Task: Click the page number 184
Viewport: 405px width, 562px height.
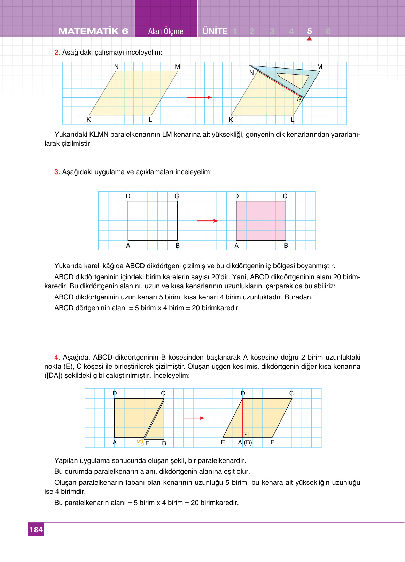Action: pos(36,530)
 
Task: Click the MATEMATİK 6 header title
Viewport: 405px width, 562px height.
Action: pos(93,31)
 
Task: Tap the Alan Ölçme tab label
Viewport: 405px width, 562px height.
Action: pos(166,31)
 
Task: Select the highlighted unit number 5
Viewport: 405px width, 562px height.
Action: pos(309,31)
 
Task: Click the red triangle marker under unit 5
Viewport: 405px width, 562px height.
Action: pos(309,39)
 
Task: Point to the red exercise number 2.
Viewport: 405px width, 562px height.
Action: pos(57,53)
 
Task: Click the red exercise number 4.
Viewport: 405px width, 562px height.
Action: pos(57,357)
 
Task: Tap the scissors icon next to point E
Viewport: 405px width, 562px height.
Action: pos(140,442)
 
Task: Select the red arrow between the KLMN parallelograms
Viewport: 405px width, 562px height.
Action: pos(200,97)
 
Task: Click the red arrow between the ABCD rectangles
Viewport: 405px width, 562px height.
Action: pos(207,221)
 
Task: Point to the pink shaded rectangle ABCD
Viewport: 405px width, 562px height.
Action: pos(261,221)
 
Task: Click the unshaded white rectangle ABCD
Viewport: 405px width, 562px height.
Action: pos(153,221)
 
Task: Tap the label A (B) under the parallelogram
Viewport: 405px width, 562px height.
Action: pos(245,442)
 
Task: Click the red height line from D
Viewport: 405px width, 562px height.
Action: pos(243,417)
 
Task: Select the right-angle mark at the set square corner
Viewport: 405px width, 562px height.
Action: pos(299,99)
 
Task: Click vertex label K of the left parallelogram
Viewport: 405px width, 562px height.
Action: pos(88,120)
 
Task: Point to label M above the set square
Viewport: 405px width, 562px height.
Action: pos(320,66)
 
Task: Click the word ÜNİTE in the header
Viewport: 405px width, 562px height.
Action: pos(215,31)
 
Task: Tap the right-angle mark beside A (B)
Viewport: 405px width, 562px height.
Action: pos(246,435)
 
